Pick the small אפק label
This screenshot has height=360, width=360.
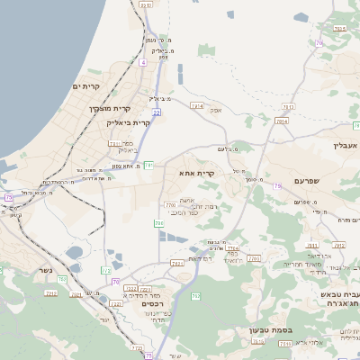pyautogui.click(x=216, y=110)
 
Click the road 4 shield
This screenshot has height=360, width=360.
pyautogui.click(x=142, y=62)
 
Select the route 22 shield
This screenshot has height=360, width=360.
pyautogui.click(x=156, y=112)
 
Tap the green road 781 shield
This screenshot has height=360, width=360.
pyautogui.click(x=149, y=165)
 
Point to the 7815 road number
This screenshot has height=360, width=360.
pyautogui.click(x=338, y=29)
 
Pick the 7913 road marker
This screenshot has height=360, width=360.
pyautogui.click(x=282, y=121)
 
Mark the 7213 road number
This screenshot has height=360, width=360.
pyautogui.click(x=50, y=292)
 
